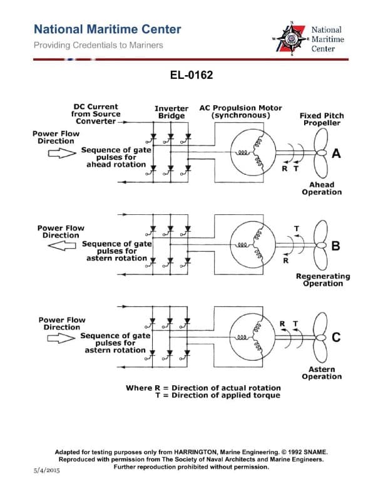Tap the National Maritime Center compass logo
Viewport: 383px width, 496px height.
tap(292, 39)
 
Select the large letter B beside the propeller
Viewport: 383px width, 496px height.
tap(335, 246)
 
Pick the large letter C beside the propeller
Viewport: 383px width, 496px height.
tap(336, 338)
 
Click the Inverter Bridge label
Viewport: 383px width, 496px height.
tap(171, 112)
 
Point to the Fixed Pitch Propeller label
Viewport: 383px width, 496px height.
tap(321, 119)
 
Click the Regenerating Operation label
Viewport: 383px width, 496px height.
tap(323, 280)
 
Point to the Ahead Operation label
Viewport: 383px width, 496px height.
tap(322, 189)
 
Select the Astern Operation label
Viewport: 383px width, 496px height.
tap(322, 373)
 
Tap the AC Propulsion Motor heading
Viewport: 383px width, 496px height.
tap(241, 111)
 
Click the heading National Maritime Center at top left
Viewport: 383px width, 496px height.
tap(107, 29)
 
